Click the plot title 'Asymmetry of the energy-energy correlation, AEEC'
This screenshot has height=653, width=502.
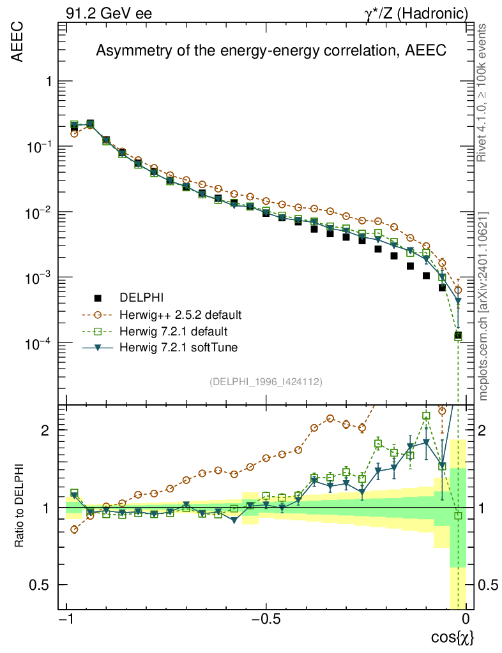pos(271,52)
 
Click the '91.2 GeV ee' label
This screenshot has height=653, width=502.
pos(109,13)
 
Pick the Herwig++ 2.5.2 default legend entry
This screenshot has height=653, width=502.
pos(179,314)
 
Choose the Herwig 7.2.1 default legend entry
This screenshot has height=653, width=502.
pos(174,331)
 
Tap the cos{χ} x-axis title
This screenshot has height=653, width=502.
pos(453,637)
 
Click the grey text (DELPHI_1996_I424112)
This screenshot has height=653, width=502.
pos(266,381)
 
